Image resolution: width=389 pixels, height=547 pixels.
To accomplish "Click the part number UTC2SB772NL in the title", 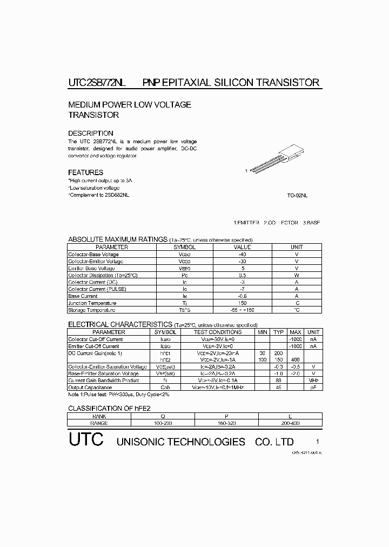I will point(97,83).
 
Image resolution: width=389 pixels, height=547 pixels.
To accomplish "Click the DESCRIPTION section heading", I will point(90,133).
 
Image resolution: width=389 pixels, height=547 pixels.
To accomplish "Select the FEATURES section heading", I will point(85,172).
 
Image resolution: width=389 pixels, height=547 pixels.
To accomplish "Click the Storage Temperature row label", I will point(91,310).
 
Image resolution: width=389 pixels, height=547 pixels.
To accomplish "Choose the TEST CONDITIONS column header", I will point(218,332).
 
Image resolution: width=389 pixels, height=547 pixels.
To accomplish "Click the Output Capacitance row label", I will point(90,388).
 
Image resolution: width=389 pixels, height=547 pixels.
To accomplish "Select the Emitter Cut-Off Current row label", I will point(93,346).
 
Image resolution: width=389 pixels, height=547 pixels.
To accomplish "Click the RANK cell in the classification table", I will point(99,416).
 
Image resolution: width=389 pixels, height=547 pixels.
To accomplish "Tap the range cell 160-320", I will point(227,423).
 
